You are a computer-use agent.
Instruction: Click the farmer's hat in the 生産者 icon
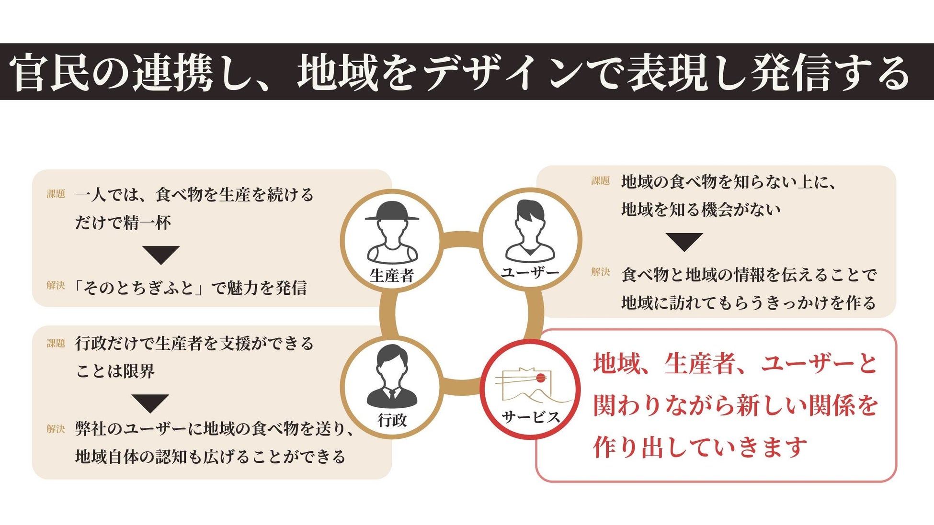tap(392, 211)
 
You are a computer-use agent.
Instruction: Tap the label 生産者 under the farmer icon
tap(392, 275)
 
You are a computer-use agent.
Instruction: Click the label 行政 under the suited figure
tap(392, 420)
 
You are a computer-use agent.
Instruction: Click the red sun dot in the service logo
tap(541, 378)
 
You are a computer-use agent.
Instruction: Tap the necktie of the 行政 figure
tap(392, 395)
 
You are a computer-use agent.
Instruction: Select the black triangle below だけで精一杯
tap(161, 254)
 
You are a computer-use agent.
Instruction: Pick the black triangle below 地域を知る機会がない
tap(684, 241)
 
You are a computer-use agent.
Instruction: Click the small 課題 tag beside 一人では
tap(56, 194)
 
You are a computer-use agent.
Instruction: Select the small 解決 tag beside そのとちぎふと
tap(56, 285)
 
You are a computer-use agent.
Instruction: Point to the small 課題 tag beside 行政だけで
tap(56, 343)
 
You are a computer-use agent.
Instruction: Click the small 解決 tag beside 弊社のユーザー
tap(56, 429)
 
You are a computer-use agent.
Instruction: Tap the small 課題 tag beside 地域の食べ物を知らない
tap(600, 181)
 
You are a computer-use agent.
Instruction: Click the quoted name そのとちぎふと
tap(139, 288)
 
